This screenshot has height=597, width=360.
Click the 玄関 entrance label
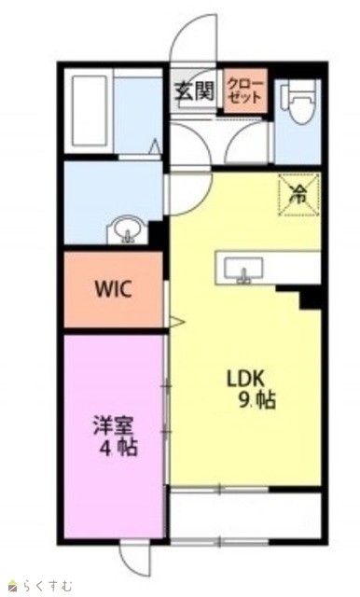[195, 90]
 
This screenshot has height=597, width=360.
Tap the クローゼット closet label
[244, 90]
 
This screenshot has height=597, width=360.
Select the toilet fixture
[298, 102]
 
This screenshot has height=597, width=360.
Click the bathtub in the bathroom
[90, 111]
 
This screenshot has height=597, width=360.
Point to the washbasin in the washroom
[128, 230]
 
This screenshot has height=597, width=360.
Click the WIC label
[113, 289]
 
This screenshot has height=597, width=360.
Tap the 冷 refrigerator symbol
[298, 195]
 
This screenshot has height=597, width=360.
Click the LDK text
[245, 380]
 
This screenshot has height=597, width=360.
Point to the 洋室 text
[113, 427]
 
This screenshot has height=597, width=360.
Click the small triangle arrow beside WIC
[176, 322]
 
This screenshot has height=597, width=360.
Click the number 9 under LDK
[243, 400]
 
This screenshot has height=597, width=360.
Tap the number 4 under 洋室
[104, 449]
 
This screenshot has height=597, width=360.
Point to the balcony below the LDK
[245, 515]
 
